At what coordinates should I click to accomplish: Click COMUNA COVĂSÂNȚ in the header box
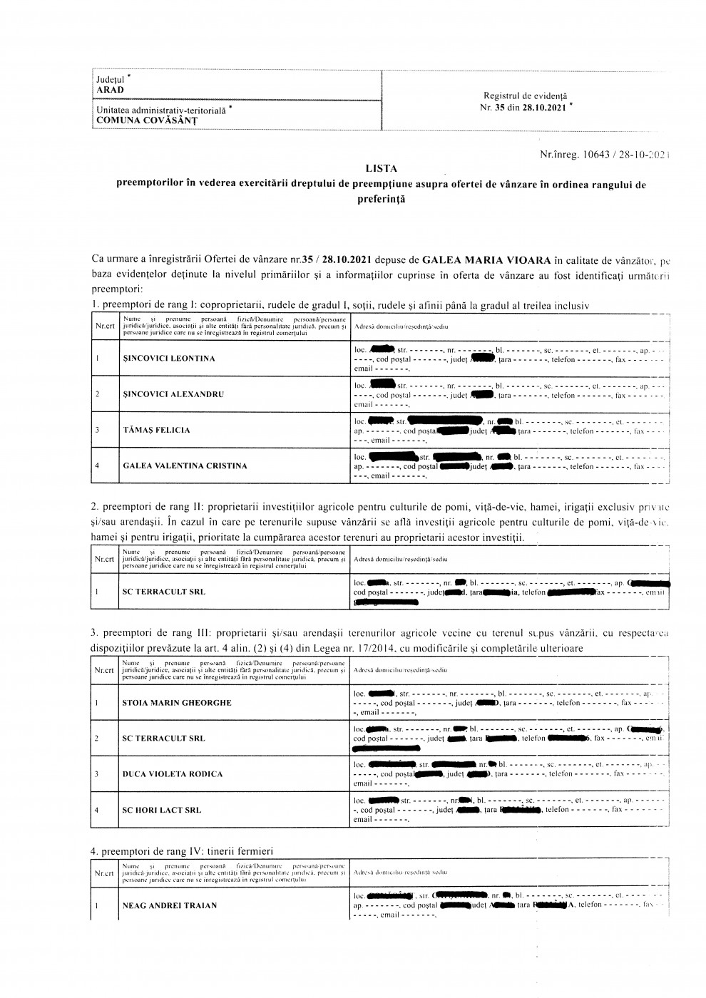point(147,120)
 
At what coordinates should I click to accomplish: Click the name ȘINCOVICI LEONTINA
point(168,359)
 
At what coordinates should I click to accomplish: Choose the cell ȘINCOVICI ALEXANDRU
point(173,394)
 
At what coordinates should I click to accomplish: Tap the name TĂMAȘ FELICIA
point(156,430)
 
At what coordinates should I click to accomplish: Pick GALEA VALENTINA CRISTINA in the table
point(185,465)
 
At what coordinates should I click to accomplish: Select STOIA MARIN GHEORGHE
point(177,703)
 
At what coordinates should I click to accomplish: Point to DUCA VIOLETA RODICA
point(173,774)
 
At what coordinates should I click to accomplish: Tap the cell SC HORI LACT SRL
point(162,810)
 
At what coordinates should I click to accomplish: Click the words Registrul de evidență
point(525,96)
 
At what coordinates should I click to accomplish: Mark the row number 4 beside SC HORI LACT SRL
point(97,810)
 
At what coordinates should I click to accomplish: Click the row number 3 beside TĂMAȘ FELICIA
point(97,430)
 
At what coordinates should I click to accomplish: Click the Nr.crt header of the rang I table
point(104,326)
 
